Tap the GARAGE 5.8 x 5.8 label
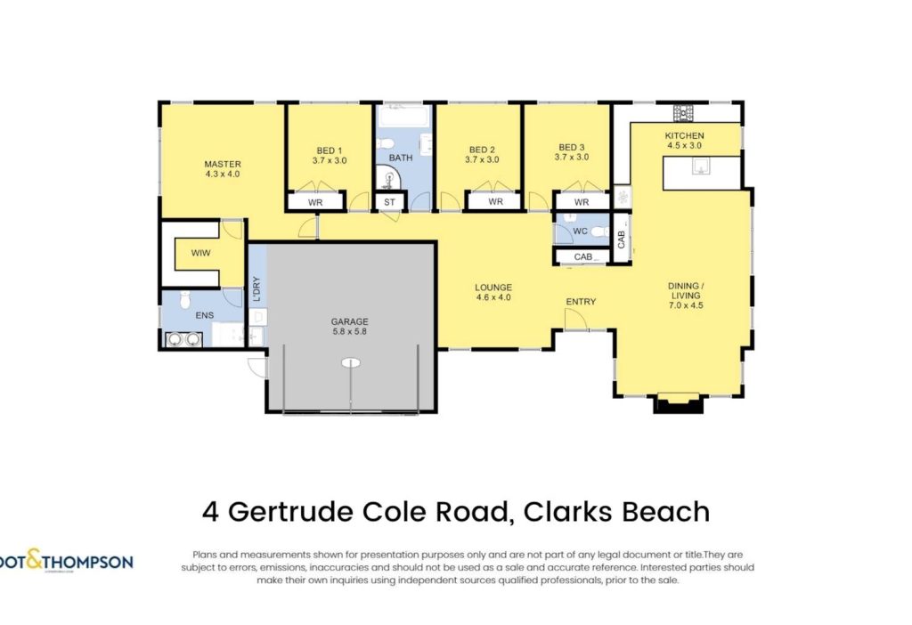point(349,326)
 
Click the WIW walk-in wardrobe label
point(200,253)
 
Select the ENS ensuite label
point(204,315)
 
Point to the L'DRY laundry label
point(256,289)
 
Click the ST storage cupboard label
point(389,202)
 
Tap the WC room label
point(580,231)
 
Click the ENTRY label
point(581,302)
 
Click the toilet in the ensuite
point(185,299)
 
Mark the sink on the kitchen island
point(702,166)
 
